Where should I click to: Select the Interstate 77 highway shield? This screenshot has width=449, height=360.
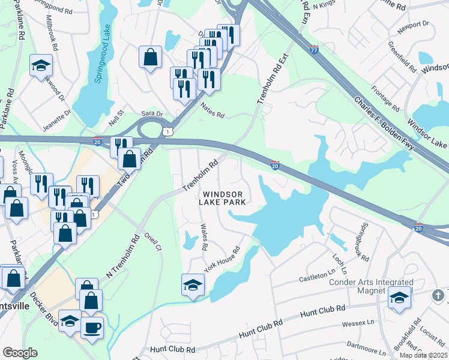[314, 49]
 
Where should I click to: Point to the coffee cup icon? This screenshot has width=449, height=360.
[92, 328]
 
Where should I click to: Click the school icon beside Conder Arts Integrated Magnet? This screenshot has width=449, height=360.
[399, 297]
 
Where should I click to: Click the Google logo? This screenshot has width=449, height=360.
[20, 353]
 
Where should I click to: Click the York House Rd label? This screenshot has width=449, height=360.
[222, 259]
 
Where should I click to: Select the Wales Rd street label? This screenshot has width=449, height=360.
[203, 238]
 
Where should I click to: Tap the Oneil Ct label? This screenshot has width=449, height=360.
[157, 239]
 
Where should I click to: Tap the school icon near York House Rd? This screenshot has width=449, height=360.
[193, 284]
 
